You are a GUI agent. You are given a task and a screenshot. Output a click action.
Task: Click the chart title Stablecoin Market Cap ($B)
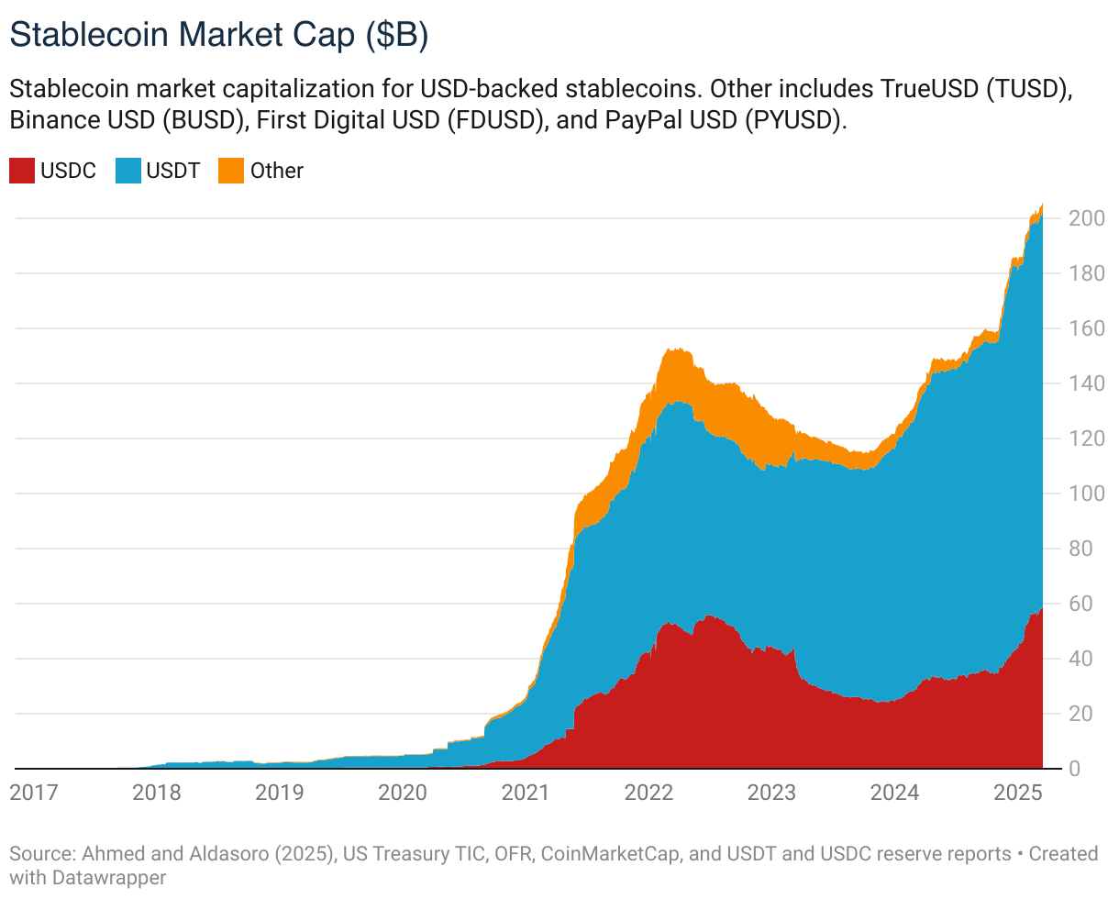(x=219, y=35)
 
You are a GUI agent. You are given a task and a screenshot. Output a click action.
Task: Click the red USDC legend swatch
(x=22, y=171)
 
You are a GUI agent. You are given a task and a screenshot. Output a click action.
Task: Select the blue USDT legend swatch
(x=128, y=171)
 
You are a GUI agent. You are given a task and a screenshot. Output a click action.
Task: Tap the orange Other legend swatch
(x=231, y=171)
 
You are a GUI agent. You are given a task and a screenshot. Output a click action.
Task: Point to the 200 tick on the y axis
(x=1085, y=218)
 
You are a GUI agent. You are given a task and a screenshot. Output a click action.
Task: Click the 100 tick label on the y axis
(x=1085, y=494)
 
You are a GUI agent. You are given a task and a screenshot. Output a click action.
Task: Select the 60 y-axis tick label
(x=1080, y=604)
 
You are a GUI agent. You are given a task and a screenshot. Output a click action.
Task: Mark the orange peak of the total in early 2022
(x=676, y=350)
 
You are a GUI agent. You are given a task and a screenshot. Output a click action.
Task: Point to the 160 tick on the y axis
(x=1085, y=328)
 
